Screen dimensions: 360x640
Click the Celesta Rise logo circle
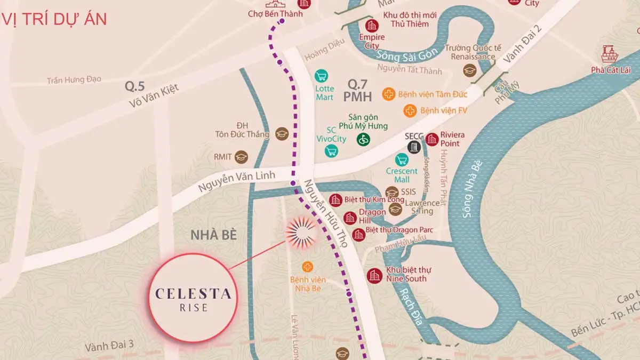193,298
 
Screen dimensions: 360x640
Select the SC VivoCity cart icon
332,151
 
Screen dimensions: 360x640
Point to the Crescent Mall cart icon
402,159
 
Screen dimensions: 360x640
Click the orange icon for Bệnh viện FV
410,111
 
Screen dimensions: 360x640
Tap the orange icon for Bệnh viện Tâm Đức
389,94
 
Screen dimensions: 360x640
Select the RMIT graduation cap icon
242,157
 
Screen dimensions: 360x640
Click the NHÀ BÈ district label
213,235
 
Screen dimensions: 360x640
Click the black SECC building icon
414,147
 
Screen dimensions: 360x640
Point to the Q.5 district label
135,85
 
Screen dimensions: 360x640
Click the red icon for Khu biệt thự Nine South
374,275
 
